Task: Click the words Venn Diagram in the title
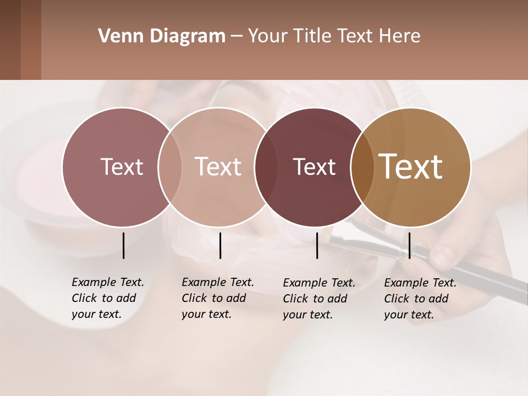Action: tap(161, 36)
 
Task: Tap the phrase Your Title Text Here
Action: tap(334, 36)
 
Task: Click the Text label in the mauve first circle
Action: tap(122, 167)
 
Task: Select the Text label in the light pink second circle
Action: tap(218, 167)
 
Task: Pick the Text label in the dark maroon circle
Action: tap(314, 167)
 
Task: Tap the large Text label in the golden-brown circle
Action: tap(410, 167)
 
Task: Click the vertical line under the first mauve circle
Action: tap(123, 245)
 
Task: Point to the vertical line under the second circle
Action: tap(220, 245)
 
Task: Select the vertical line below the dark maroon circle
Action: tap(317, 245)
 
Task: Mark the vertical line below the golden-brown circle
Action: tap(409, 245)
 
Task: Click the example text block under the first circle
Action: tap(107, 298)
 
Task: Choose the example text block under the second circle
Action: tap(217, 298)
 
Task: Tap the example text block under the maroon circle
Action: tap(318, 299)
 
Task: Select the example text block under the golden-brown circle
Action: tap(420, 299)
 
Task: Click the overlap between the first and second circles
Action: tap(170, 167)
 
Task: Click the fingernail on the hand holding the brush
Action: tap(443, 255)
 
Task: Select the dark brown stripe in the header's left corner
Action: tap(10, 40)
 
